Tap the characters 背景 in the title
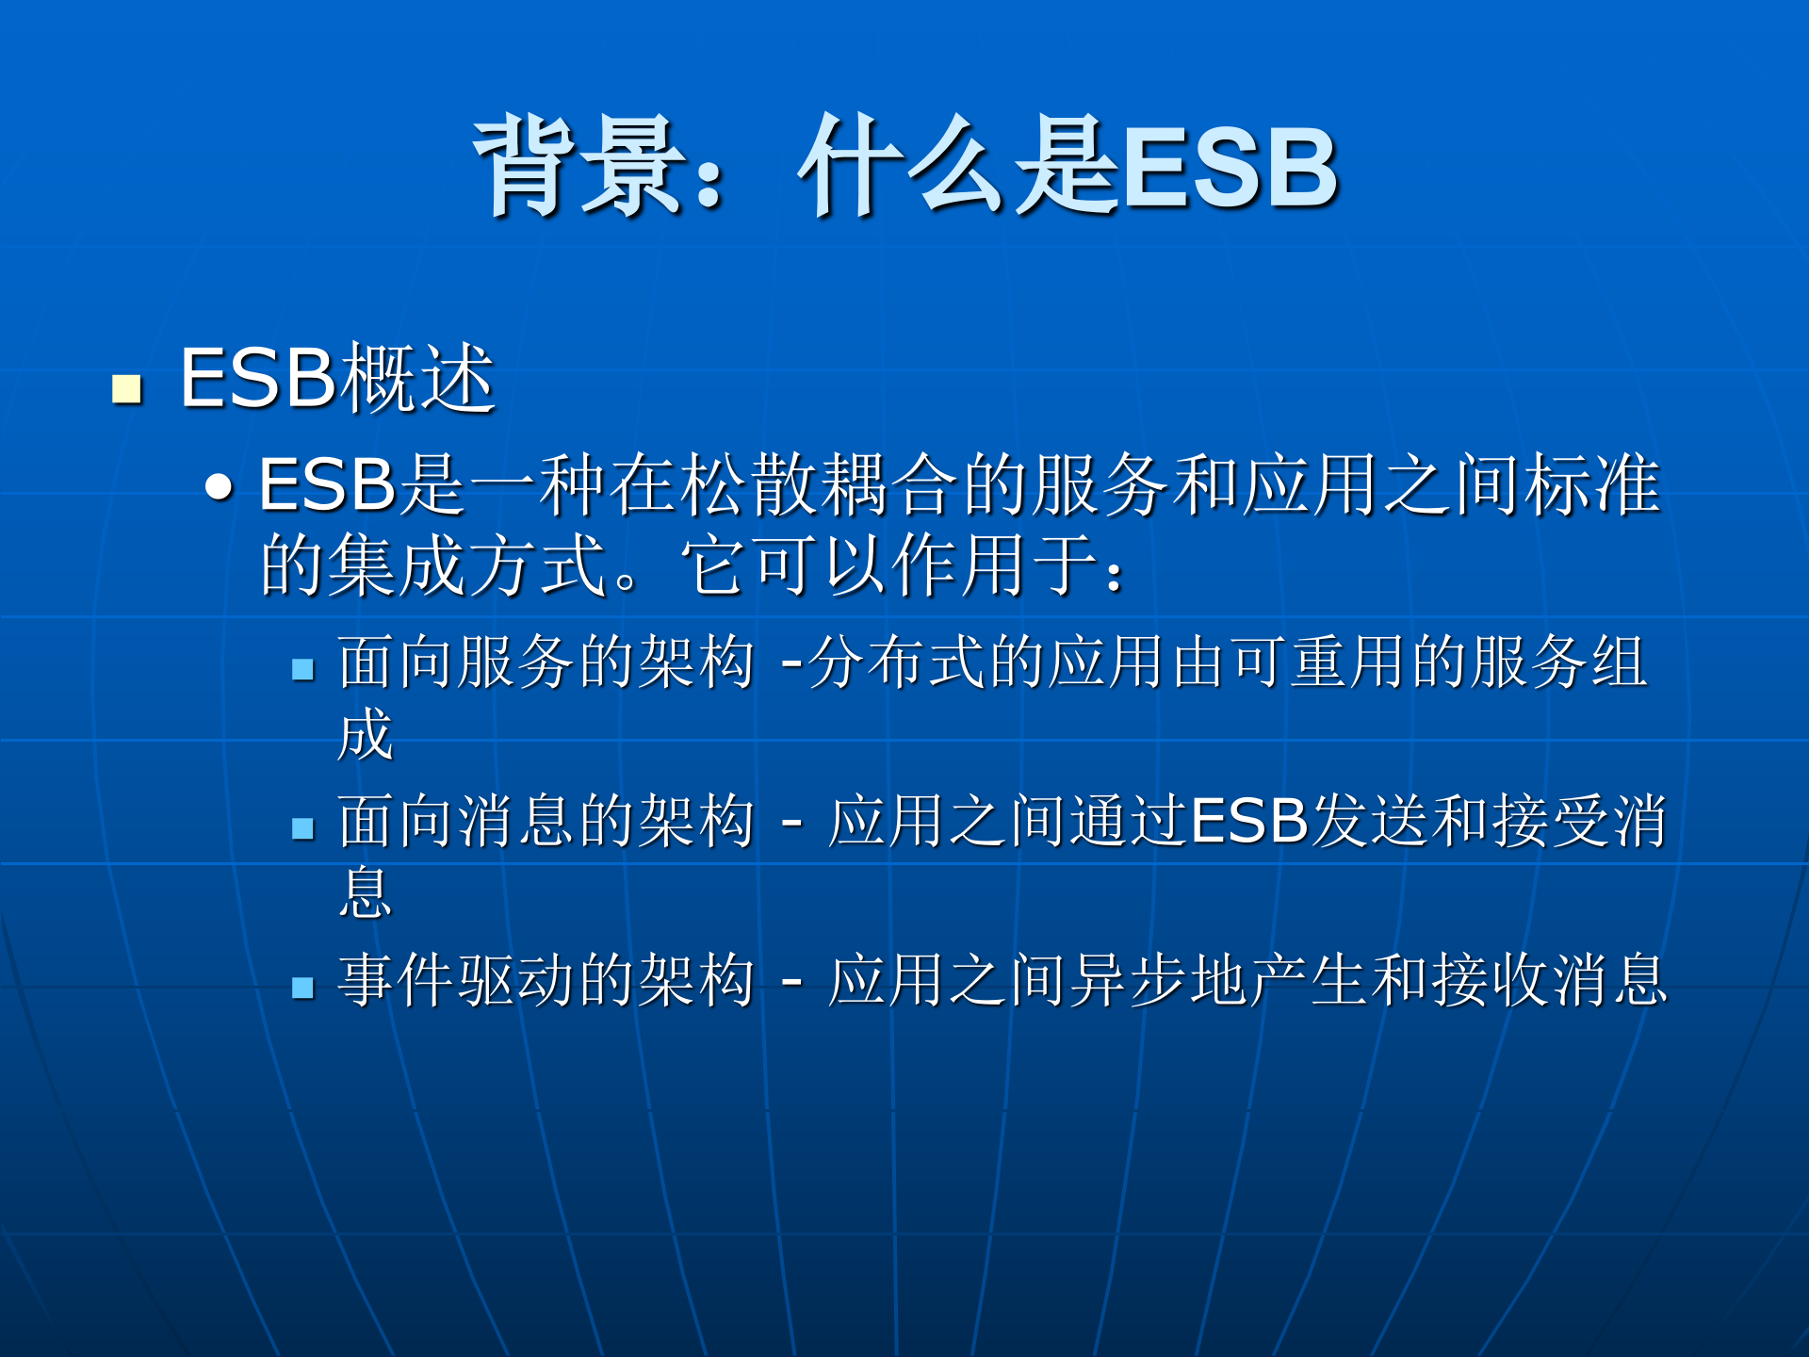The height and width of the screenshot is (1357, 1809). [579, 168]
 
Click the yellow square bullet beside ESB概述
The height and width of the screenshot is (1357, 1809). [126, 388]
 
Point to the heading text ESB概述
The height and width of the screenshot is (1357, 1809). [337, 379]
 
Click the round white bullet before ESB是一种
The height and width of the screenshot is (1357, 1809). [219, 486]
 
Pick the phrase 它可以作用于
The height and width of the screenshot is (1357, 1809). [890, 565]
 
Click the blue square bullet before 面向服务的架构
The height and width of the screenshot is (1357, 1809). [302, 669]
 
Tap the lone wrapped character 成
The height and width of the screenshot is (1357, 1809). [365, 734]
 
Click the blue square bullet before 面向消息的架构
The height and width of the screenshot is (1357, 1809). [302, 828]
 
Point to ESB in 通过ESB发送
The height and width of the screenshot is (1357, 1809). [1249, 821]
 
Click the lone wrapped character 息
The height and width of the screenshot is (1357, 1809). [365, 892]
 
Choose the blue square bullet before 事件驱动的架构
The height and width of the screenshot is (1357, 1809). [302, 988]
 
